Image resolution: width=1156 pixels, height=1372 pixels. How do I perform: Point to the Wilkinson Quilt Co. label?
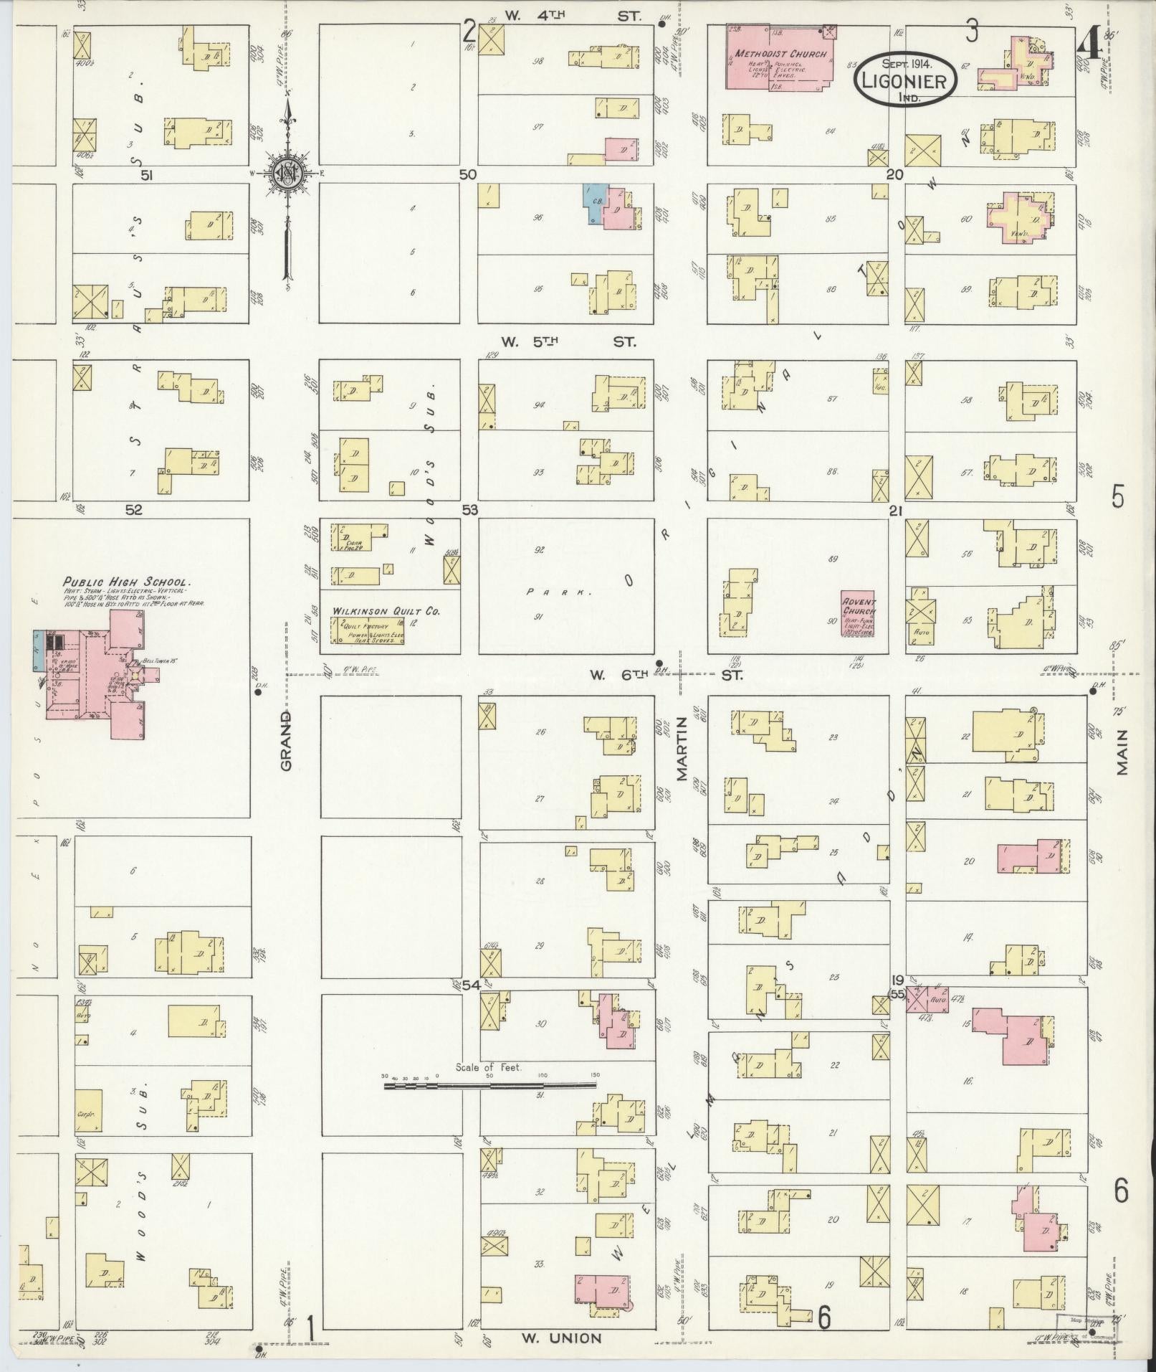pos(386,611)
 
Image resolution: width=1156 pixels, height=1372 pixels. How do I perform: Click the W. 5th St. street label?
pos(568,342)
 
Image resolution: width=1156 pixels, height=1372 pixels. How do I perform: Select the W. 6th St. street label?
pos(666,675)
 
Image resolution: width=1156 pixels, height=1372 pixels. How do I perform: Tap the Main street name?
pos(1122,752)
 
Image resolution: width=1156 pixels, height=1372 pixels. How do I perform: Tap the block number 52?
pos(134,510)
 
